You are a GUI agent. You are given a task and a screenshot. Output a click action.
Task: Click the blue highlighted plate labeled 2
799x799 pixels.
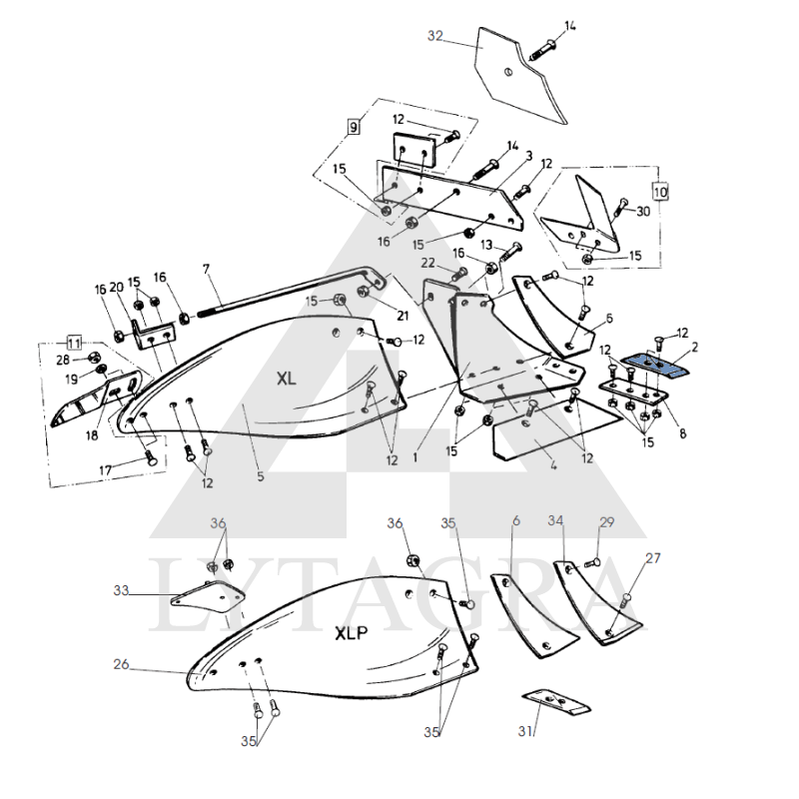tap(654, 365)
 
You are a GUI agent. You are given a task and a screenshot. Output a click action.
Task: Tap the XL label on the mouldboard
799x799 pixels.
tap(286, 379)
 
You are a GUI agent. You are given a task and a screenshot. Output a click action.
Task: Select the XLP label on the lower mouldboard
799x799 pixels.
tap(352, 633)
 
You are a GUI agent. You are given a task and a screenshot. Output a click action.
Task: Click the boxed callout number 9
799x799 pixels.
tap(354, 126)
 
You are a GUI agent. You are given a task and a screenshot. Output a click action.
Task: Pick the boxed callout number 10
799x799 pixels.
tap(660, 192)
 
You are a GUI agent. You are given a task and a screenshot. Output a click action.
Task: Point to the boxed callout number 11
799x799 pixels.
tap(74, 343)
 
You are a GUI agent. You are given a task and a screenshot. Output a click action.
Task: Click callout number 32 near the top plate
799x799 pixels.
tap(435, 36)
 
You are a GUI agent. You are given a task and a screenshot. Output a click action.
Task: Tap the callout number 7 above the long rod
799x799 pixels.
tap(206, 269)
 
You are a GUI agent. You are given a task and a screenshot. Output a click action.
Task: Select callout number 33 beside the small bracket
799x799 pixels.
tap(121, 590)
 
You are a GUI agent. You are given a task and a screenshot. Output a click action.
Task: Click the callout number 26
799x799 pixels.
tap(121, 664)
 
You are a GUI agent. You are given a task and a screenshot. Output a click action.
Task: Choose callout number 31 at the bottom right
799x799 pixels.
tap(525, 731)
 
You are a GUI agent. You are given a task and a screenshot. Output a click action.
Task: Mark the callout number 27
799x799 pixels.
tap(653, 558)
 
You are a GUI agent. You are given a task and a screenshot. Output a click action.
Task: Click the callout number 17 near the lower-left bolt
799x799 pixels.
tap(105, 469)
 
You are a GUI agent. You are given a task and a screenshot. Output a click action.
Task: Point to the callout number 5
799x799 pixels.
tap(261, 476)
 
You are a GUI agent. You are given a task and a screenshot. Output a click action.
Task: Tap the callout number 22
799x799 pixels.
tap(428, 263)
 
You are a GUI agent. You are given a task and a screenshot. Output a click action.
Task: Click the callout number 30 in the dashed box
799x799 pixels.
tap(643, 211)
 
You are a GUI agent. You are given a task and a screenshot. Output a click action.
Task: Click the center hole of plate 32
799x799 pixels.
tap(508, 72)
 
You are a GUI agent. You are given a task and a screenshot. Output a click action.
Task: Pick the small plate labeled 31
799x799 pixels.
tap(556, 703)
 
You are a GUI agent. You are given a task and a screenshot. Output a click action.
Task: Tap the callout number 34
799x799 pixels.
tap(555, 520)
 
